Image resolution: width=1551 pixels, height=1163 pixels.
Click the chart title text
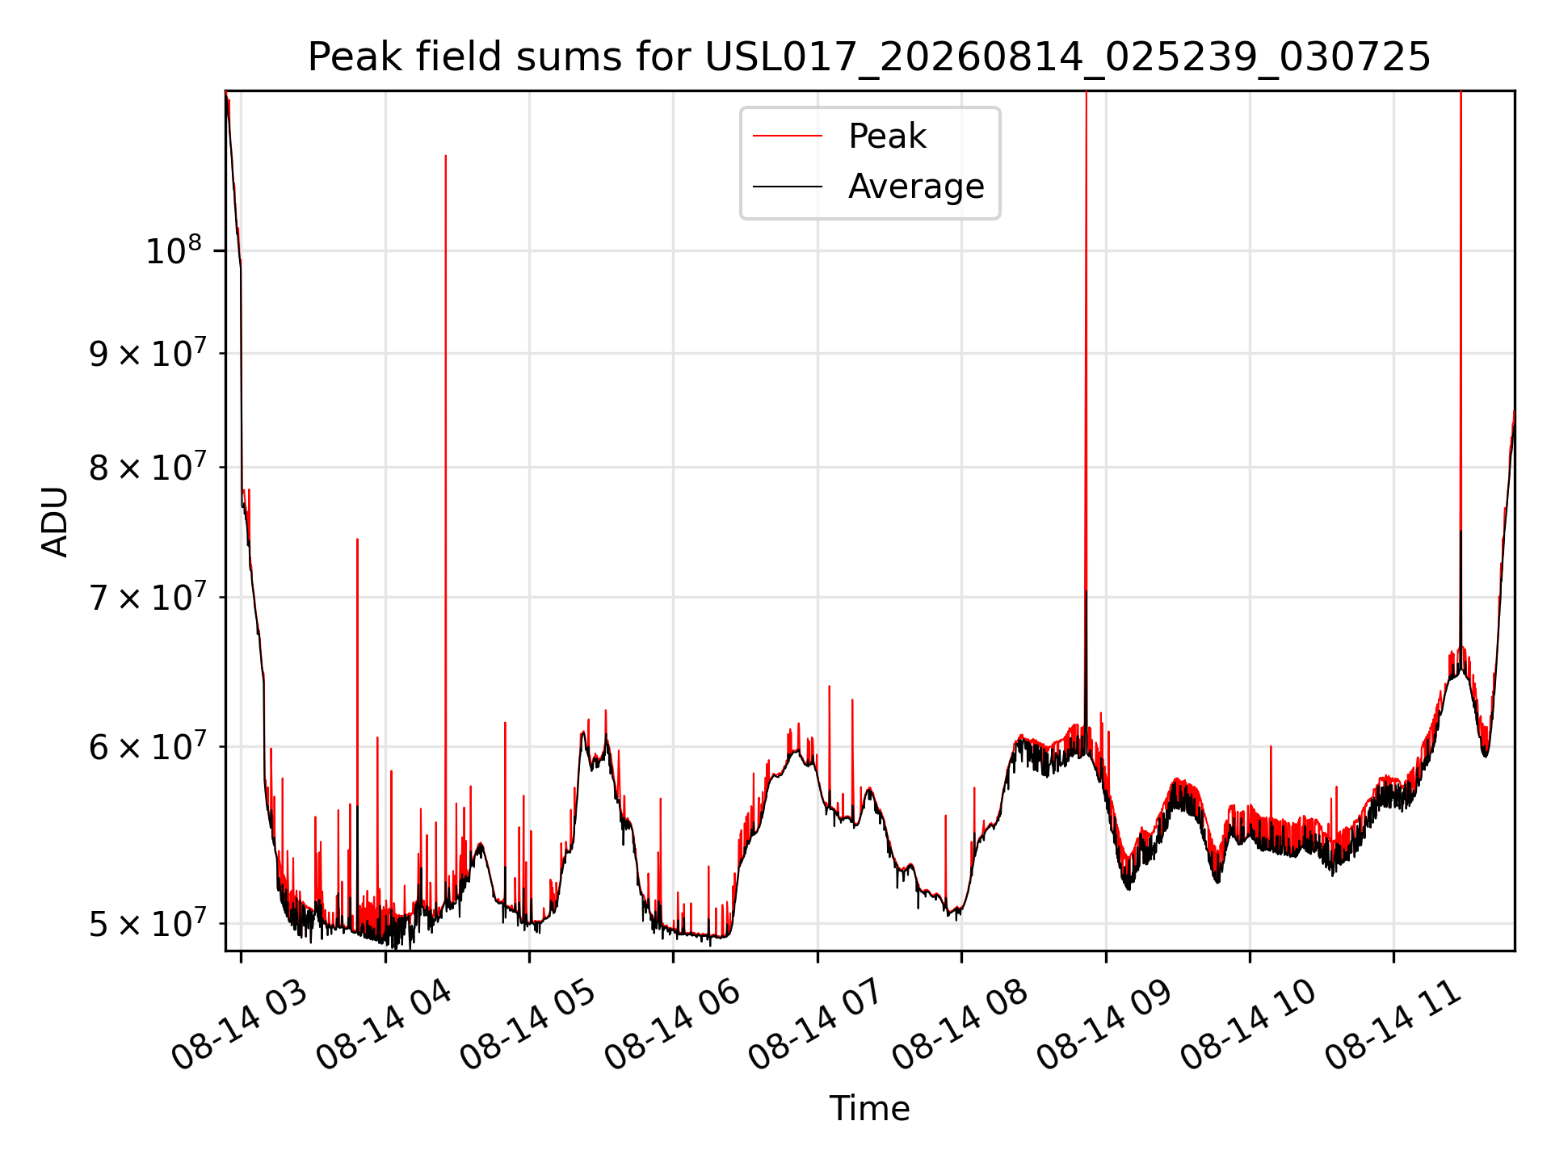869,57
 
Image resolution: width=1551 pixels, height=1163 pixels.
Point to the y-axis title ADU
55,521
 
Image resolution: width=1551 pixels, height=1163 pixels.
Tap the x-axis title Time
869,1108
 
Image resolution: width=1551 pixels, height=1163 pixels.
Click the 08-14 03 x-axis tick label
240,1026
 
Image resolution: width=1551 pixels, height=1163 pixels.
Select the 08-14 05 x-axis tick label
528,1026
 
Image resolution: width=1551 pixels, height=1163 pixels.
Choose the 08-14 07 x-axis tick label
817,1026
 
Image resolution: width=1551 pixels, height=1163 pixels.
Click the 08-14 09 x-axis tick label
1105,1026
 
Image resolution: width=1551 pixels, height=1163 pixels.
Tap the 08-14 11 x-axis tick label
1394,1026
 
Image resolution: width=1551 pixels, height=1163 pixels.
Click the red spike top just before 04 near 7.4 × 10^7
357,540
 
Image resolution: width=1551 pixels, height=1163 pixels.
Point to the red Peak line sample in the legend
788,136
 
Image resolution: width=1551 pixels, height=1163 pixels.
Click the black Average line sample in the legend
788,187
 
